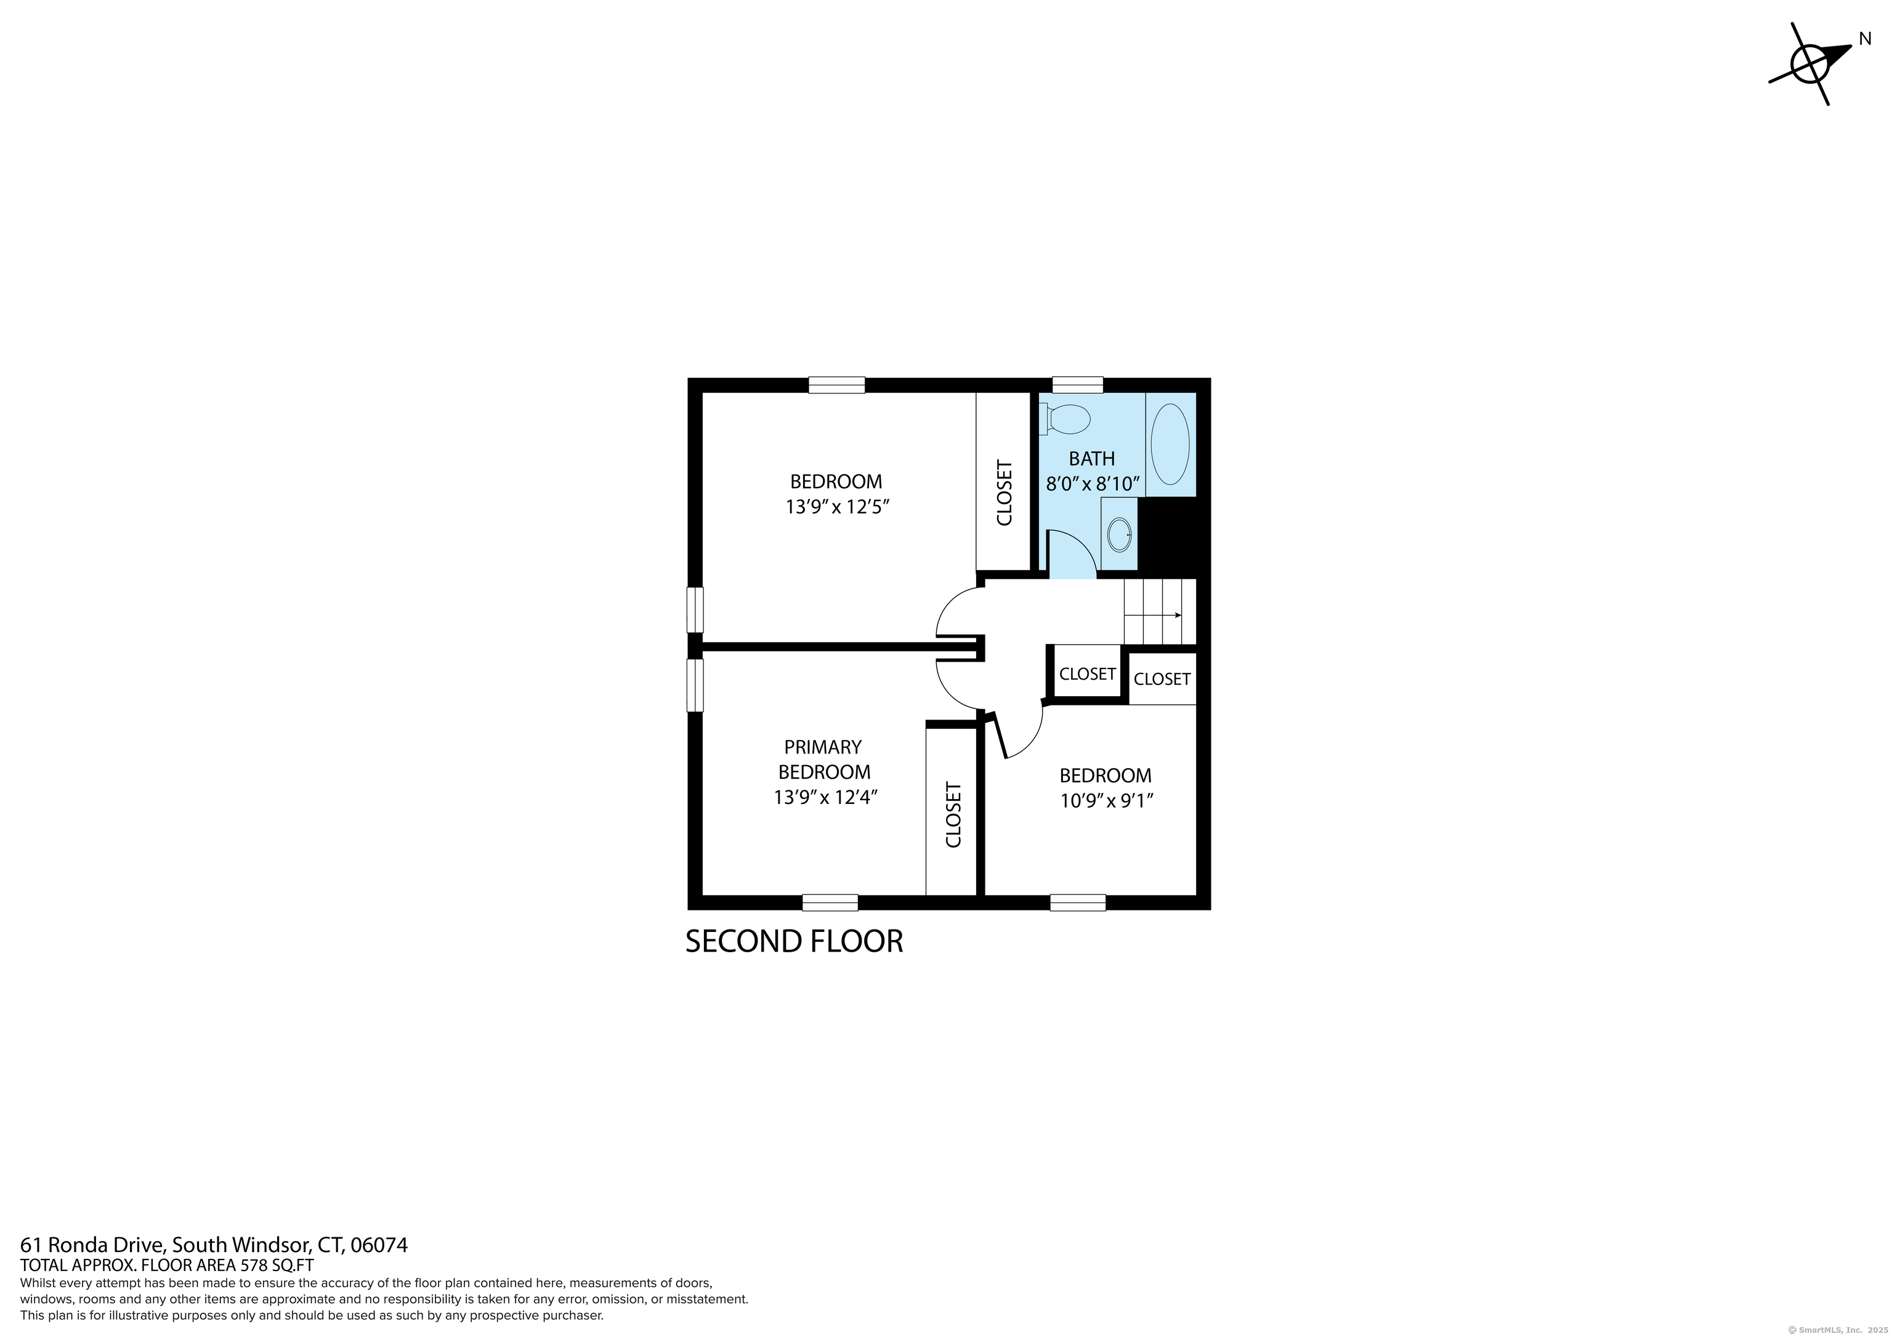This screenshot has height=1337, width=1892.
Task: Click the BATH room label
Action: click(1092, 458)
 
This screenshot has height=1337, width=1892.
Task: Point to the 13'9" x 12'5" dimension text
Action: click(837, 507)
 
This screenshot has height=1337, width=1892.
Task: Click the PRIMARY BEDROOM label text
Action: click(824, 760)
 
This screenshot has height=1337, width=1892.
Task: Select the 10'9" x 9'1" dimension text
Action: click(1106, 801)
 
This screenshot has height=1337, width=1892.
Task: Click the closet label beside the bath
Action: click(1005, 492)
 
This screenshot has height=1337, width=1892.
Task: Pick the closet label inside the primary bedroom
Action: click(953, 815)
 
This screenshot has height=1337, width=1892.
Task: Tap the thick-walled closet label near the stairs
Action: click(1088, 674)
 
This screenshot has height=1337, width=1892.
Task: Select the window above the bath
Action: click(1078, 385)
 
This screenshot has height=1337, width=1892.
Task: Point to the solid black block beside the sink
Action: click(1167, 534)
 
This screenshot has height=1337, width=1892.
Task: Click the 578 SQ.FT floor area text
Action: click(276, 1266)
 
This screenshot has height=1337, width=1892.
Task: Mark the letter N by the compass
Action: click(1866, 39)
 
